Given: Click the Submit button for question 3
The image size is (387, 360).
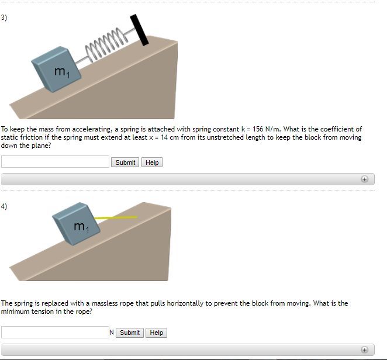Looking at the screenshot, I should click(x=125, y=162).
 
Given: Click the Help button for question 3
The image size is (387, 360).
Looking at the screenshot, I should click(x=152, y=162).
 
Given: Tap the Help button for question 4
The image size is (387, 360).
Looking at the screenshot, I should click(x=156, y=333).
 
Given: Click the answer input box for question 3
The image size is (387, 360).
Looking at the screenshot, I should click(x=55, y=162).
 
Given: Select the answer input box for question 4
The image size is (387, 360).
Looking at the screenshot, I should click(x=55, y=332).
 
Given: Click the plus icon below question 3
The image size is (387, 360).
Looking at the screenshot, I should click(x=364, y=179).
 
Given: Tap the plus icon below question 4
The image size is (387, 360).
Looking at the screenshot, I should click(x=364, y=349).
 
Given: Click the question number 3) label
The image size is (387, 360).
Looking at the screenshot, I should click(x=4, y=18).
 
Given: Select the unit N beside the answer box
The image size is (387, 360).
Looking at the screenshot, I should click(x=112, y=332).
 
